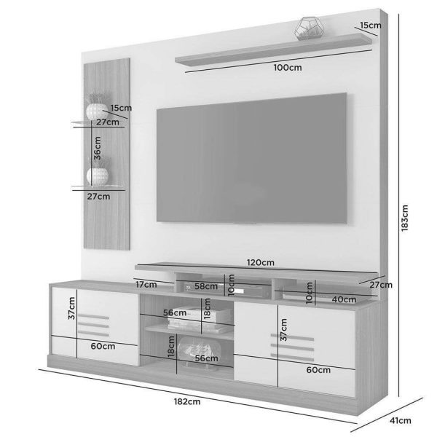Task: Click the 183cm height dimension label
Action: (x=405, y=218)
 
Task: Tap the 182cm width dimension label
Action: (x=187, y=401)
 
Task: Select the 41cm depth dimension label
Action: (x=400, y=420)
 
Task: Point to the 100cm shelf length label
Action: (x=288, y=68)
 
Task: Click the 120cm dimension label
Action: (x=260, y=262)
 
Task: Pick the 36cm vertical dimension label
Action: (x=98, y=148)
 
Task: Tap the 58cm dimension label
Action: (x=206, y=286)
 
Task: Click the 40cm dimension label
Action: (x=344, y=299)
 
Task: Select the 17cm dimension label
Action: (x=146, y=285)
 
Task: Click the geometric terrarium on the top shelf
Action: (x=310, y=28)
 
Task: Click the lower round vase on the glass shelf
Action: (x=98, y=176)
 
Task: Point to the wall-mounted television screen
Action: (x=252, y=158)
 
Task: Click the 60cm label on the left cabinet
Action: (x=103, y=346)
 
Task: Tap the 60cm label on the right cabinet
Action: (x=318, y=370)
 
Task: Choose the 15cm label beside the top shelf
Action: (x=371, y=25)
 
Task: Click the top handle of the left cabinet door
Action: (x=93, y=316)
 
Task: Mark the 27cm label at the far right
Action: (x=381, y=285)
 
